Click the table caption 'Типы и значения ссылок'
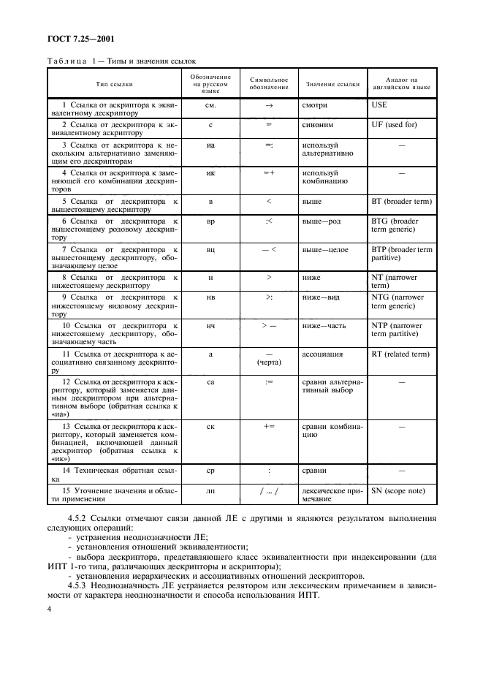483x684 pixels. click(146, 62)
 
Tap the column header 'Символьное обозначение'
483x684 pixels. click(269, 84)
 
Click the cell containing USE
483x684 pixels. click(380, 105)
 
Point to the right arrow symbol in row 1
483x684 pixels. click(269, 105)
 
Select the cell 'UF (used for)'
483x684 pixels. click(395, 124)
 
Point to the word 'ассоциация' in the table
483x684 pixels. click(322, 354)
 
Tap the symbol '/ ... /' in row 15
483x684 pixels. click(269, 491)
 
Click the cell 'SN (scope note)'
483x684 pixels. click(400, 491)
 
